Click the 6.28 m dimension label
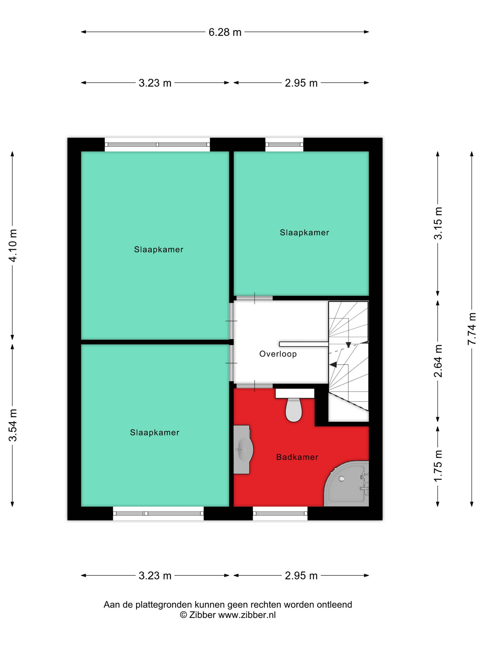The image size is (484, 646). coord(225,32)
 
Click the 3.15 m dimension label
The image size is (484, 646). coord(438,223)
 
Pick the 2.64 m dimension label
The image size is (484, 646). coord(438,361)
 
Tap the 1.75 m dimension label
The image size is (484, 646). coord(438,466)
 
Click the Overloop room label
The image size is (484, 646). coord(278,354)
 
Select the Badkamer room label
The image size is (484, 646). coord(297,457)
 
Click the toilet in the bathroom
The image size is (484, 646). coord(294,410)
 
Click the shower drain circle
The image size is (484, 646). coord(341,479)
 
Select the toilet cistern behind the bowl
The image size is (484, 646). coord(295,393)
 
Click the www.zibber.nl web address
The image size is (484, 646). coord(247,615)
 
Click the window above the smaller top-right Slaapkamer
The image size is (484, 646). coord(284,144)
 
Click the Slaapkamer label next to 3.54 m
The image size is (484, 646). coord(155,433)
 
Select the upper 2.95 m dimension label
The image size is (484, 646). coord(301,83)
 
